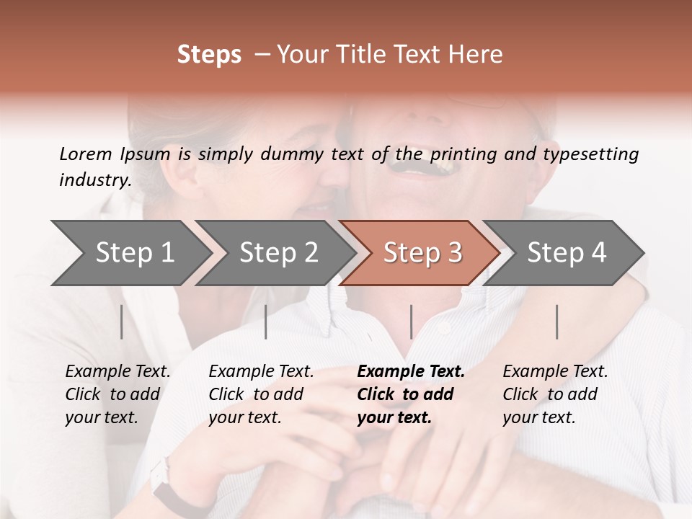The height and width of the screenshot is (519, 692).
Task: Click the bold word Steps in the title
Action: coord(209,55)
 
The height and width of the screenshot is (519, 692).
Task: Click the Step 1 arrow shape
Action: coord(134,253)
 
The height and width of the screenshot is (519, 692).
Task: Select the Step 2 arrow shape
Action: coord(278,253)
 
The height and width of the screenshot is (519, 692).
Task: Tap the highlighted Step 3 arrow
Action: coord(422,253)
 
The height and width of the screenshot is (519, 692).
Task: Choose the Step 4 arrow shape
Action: coord(566,253)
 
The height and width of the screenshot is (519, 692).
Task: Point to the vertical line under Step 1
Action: coord(122,321)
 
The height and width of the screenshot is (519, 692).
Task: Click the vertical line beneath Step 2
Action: coord(266,321)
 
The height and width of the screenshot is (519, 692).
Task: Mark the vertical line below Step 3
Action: coord(411,321)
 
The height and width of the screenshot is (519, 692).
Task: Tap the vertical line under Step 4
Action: coord(556,321)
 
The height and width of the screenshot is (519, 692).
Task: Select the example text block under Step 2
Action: coord(261,394)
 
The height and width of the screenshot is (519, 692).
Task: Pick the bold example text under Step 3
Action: coord(411,394)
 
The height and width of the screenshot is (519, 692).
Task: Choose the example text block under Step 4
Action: coord(555,394)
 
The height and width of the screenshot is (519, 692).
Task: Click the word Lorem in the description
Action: coord(85,154)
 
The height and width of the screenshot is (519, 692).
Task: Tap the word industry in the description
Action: coord(94,180)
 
